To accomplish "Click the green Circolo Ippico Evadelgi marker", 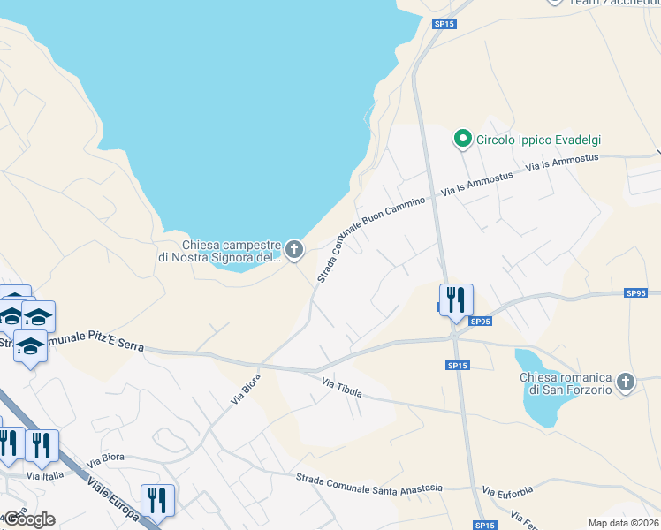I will [461, 139].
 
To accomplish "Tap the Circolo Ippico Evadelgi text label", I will [538, 140].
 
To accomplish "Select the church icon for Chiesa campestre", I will [293, 251].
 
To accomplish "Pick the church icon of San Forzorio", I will [626, 382].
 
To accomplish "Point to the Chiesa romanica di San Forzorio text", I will [565, 384].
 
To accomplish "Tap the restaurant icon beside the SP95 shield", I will [456, 300].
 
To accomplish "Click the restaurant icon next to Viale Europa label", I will [157, 500].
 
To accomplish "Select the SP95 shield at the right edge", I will [635, 292].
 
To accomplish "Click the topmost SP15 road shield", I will [444, 25].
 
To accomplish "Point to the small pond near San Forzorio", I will [539, 384].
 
